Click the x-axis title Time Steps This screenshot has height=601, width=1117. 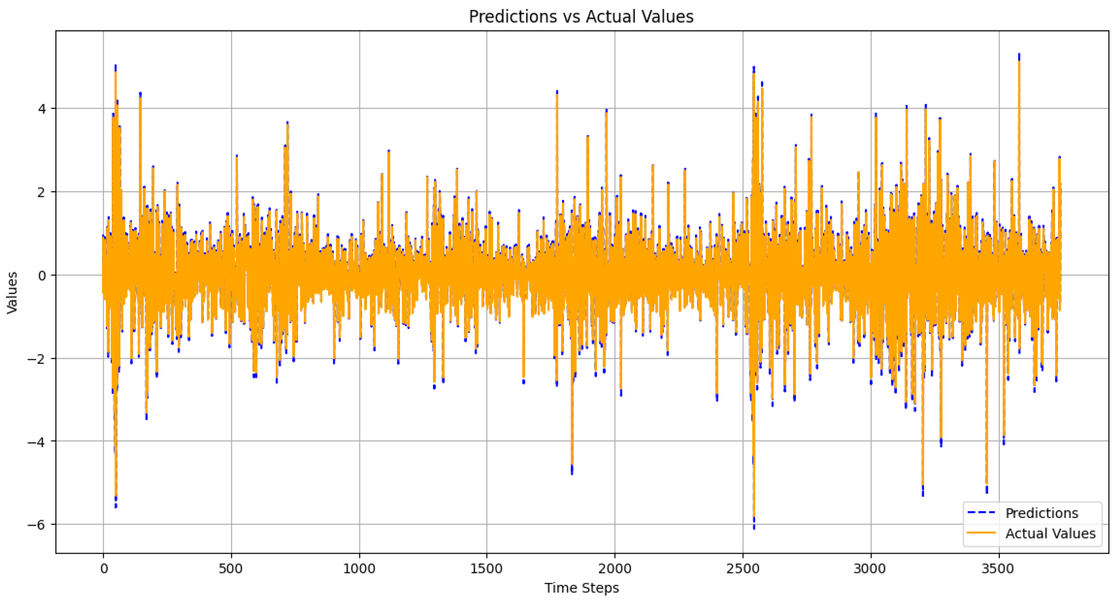(582, 588)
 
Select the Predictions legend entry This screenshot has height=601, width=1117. (1041, 513)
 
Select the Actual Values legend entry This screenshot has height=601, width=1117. (1050, 533)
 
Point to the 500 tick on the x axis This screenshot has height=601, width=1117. (231, 569)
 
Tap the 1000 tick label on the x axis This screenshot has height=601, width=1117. (359, 569)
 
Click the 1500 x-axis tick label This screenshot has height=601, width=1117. (487, 569)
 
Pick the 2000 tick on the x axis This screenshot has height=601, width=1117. (615, 569)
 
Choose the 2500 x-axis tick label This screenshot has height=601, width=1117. (743, 569)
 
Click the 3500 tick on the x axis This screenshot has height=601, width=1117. (998, 569)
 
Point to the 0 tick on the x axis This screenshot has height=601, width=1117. (104, 569)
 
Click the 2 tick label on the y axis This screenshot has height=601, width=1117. (42, 192)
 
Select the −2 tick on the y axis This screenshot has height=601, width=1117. (37, 359)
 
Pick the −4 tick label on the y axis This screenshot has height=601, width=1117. (37, 442)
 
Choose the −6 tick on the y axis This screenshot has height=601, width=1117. (37, 525)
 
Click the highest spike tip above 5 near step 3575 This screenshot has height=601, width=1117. (1019, 54)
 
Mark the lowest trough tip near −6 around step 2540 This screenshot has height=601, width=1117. (754, 528)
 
